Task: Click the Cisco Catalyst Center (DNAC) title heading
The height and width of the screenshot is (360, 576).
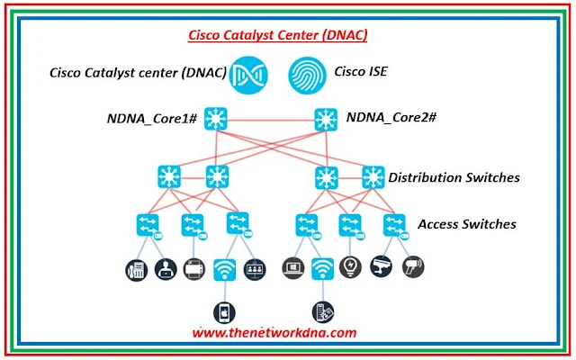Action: pyautogui.click(x=277, y=35)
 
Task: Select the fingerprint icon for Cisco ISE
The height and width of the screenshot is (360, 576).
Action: pyautogui.click(x=307, y=73)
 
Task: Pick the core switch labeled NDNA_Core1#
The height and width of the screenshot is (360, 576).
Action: pyautogui.click(x=216, y=118)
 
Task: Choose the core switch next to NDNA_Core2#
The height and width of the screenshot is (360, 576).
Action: pyautogui.click(x=326, y=118)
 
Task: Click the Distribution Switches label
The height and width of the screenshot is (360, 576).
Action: pyautogui.click(x=454, y=177)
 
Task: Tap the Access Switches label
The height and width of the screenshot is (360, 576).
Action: pyautogui.click(x=467, y=223)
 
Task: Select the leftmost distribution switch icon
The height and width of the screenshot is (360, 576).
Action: pyautogui.click(x=168, y=175)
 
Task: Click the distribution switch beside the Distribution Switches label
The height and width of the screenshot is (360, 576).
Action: pyautogui.click(x=372, y=176)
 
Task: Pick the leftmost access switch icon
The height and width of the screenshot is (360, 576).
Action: pyautogui.click(x=148, y=223)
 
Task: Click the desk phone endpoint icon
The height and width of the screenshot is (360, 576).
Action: pyautogui.click(x=135, y=268)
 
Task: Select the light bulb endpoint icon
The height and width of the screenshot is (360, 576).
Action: pyautogui.click(x=351, y=268)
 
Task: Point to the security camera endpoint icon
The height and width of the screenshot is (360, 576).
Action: pyautogui.click(x=382, y=268)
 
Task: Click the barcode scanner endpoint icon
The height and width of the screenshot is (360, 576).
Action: pyautogui.click(x=413, y=268)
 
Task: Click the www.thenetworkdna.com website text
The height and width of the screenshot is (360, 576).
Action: pyautogui.click(x=274, y=332)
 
